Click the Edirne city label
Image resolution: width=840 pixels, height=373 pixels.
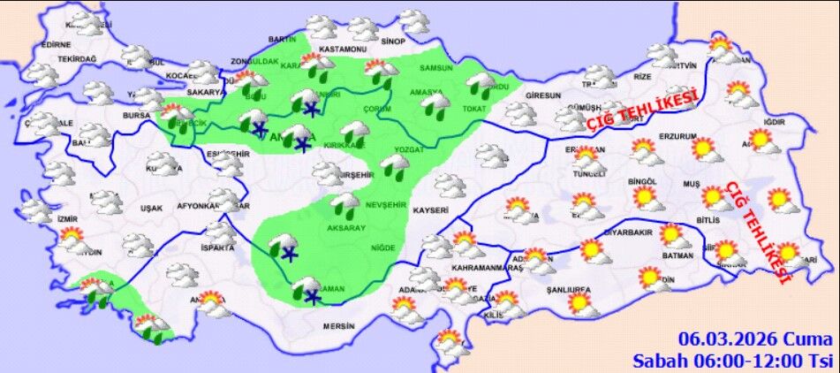coord(56,44)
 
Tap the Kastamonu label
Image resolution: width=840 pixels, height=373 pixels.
coord(342,49)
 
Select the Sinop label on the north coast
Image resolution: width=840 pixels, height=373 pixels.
coord(393,42)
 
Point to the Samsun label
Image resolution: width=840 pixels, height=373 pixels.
coord(436,68)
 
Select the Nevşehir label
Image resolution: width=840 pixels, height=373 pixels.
coord(385,203)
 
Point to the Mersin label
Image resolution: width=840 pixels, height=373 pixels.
coord(338,326)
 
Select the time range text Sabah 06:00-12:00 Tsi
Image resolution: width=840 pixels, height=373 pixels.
coord(732,360)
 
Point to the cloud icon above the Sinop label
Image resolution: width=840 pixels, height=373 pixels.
coord(412,20)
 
